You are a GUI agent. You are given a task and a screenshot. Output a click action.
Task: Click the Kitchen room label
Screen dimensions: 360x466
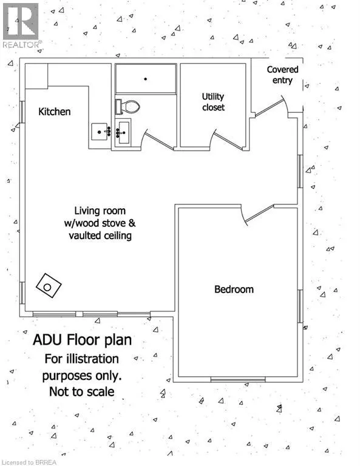pyautogui.click(x=55, y=112)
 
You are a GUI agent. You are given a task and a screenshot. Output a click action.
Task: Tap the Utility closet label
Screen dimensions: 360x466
pyautogui.click(x=213, y=102)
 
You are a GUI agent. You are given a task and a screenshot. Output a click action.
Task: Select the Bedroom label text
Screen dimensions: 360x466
pyautogui.click(x=234, y=289)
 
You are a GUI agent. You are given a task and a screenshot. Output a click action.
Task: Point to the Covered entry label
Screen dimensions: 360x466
pyautogui.click(x=282, y=75)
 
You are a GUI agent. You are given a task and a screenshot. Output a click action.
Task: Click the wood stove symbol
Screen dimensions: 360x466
pyautogui.click(x=49, y=285)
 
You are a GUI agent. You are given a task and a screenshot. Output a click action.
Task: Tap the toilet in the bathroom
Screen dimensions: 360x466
pyautogui.click(x=127, y=107)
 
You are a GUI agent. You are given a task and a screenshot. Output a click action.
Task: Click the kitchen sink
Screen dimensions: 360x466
pyautogui.click(x=100, y=132)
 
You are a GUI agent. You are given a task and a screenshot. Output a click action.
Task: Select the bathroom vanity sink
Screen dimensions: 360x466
pyautogui.click(x=123, y=132)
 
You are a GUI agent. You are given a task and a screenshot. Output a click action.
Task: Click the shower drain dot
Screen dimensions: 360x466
pyautogui.click(x=145, y=79)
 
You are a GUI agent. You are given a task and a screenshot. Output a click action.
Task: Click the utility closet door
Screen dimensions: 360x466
pyautogui.click(x=228, y=140)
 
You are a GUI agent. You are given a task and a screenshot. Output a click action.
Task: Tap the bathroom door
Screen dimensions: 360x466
pyautogui.click(x=158, y=140)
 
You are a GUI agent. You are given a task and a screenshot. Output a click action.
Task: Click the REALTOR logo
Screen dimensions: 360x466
pyautogui.click(x=21, y=25)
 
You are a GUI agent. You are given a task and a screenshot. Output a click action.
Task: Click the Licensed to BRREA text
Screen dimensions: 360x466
pyautogui.click(x=29, y=462)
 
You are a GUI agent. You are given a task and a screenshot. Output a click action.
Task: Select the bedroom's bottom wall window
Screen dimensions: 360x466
pyautogui.click(x=238, y=379)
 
